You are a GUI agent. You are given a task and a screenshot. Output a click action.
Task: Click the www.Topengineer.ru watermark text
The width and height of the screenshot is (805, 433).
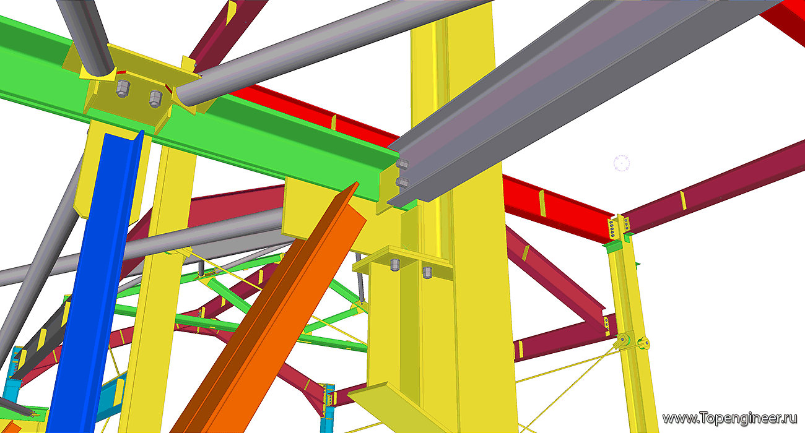(729, 419)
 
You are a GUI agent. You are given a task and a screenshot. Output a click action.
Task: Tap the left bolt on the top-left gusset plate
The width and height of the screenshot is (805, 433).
(123, 88)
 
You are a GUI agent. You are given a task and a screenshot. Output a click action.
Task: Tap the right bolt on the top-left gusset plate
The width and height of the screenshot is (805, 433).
(155, 99)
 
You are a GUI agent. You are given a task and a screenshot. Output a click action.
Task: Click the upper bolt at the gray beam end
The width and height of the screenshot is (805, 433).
(402, 164)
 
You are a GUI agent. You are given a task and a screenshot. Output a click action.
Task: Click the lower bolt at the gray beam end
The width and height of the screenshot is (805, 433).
(402, 182)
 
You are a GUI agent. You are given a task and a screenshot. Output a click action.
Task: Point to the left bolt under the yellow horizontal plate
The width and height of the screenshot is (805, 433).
(395, 265)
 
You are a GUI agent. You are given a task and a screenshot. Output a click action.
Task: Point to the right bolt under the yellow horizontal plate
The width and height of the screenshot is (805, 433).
(427, 273)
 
